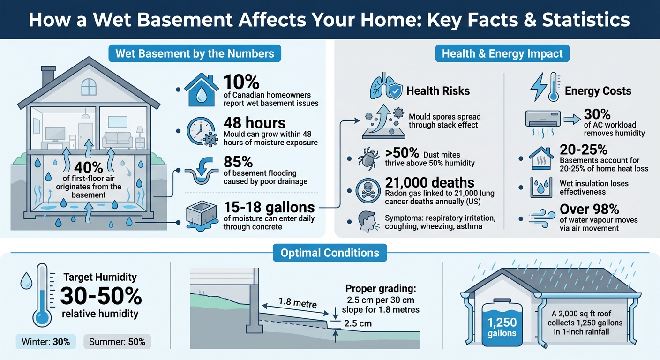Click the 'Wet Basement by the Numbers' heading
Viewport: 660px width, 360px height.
pyautogui.click(x=195, y=53)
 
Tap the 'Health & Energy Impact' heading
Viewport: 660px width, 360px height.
pyautogui.click(x=502, y=53)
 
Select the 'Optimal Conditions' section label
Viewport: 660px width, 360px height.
pyautogui.click(x=330, y=253)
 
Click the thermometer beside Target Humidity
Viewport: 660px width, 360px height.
pyautogui.click(x=42, y=296)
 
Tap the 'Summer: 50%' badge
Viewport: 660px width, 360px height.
pyautogui.click(x=117, y=342)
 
